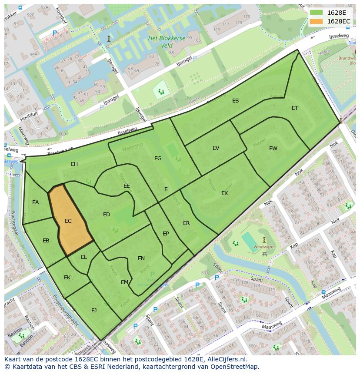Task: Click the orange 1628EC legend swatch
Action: click(316, 21)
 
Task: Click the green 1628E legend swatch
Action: click(316, 13)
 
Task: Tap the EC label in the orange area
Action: click(68, 221)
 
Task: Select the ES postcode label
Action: click(235, 101)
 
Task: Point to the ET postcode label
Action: click(295, 108)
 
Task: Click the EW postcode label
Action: click(273, 149)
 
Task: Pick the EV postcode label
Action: click(216, 148)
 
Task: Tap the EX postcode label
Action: click(224, 193)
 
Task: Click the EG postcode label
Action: click(158, 159)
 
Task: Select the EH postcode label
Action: click(74, 164)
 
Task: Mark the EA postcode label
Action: click(36, 202)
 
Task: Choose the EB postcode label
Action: click(46, 241)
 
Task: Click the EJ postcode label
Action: click(94, 310)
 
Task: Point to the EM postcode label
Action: click(124, 282)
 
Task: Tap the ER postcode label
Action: click(186, 223)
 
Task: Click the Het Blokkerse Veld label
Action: click(167, 42)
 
